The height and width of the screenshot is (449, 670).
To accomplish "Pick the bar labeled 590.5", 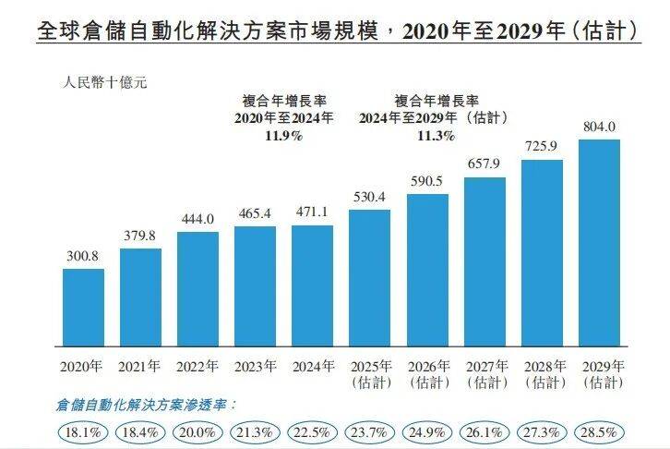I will coord(426,268).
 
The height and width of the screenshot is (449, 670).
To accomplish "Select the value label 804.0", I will coord(598,127).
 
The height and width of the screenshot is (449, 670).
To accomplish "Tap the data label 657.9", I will coord(484,164).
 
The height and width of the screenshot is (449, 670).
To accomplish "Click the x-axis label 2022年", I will coord(197,366).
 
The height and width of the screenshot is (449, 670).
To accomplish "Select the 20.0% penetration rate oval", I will coord(197,431).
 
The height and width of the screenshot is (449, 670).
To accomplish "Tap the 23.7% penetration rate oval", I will coord(369,431).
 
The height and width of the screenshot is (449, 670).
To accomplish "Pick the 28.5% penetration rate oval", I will coord(598,431).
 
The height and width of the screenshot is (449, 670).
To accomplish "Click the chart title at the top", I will coord(335,30).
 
